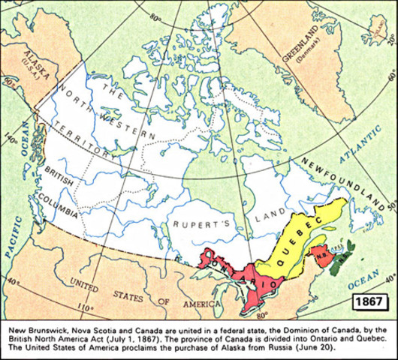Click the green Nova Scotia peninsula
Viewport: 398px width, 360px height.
click(x=340, y=258)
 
